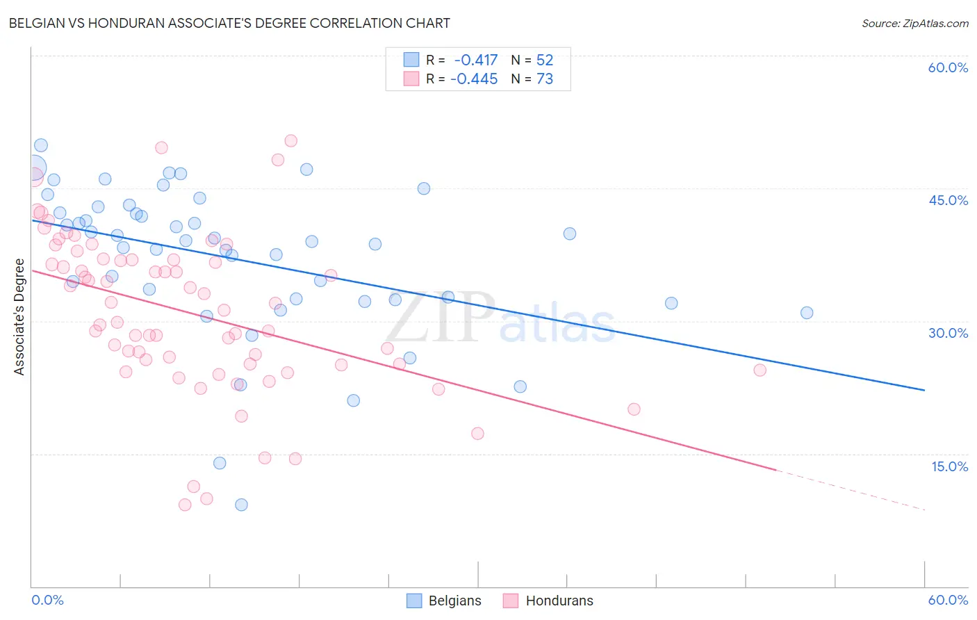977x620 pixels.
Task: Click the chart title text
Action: click(229, 23)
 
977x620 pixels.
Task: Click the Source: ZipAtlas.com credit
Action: click(914, 23)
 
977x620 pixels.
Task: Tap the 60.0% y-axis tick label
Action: click(948, 67)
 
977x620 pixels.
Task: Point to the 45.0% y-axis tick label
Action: click(948, 200)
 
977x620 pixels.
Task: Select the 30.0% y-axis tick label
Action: click(948, 333)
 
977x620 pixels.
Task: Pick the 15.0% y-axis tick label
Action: click(949, 466)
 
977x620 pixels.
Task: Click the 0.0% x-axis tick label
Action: click(47, 600)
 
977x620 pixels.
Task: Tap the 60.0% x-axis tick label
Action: click(948, 600)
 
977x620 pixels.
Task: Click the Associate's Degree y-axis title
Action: click(19, 316)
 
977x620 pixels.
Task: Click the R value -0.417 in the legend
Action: click(476, 60)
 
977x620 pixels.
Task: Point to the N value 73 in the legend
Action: click(545, 79)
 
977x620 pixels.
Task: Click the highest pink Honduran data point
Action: click(291, 141)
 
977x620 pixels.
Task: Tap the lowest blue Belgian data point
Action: click(241, 505)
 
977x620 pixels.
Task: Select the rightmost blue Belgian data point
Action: click(807, 313)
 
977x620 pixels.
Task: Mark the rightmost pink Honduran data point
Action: click(760, 370)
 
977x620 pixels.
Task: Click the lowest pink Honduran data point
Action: click(185, 505)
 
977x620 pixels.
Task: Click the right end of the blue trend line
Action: click(924, 390)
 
